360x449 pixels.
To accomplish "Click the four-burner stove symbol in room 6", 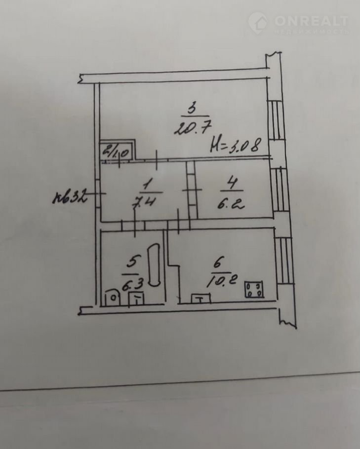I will coord(254,289).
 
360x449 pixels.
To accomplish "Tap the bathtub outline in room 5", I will coord(155,264).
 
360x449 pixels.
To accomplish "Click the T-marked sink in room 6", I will coord(200,298).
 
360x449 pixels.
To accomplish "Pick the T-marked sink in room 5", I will coord(136,298).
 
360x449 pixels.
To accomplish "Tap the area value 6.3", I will coord(129,283).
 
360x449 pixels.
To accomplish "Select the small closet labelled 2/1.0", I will coord(116,150).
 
